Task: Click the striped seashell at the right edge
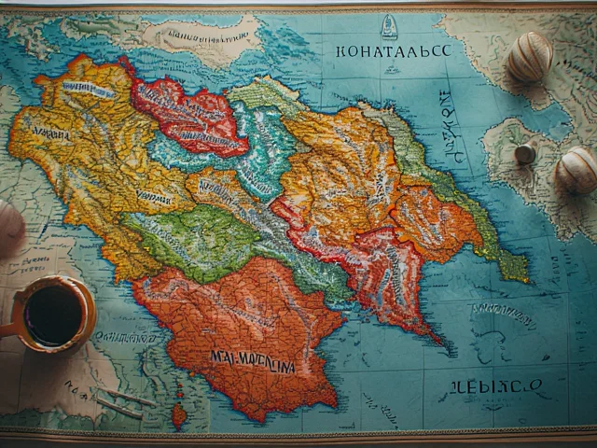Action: click(576, 170)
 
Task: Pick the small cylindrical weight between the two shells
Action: click(526, 152)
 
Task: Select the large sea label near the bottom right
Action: click(484, 387)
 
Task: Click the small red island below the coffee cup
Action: click(178, 415)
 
